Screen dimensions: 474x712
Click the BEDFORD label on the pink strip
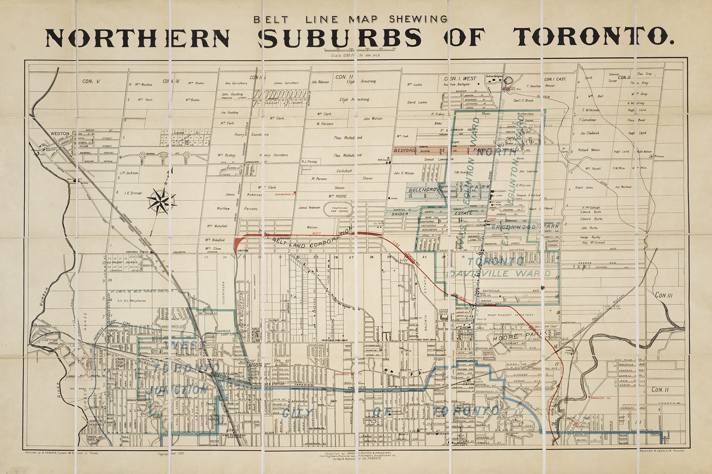pos(404,150)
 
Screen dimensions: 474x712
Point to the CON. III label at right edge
pos(663,295)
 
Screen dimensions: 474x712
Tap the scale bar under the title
pos(360,49)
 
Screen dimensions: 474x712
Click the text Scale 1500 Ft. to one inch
pos(356,55)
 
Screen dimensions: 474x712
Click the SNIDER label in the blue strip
pos(400,214)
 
